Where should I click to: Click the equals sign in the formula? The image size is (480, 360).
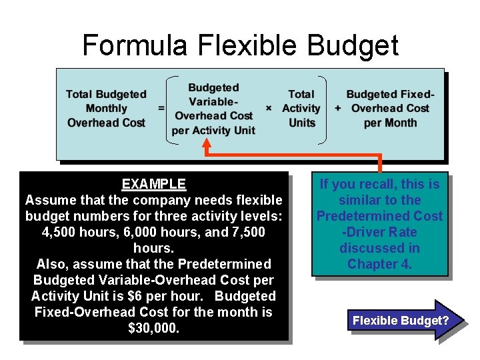coord(161,108)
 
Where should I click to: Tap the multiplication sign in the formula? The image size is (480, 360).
coord(269,108)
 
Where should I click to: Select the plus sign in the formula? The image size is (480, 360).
coord(338,108)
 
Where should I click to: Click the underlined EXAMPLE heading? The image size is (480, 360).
coord(154,184)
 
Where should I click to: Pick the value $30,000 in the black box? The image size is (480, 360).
coord(154,328)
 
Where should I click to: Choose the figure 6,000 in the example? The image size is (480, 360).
coord(142,232)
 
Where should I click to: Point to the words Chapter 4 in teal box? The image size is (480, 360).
coord(379,264)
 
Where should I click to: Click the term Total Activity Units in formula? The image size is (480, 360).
coord(301,109)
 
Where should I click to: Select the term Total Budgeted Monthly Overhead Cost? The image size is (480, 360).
coord(106,109)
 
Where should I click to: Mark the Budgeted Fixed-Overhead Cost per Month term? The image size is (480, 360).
coord(390,109)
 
